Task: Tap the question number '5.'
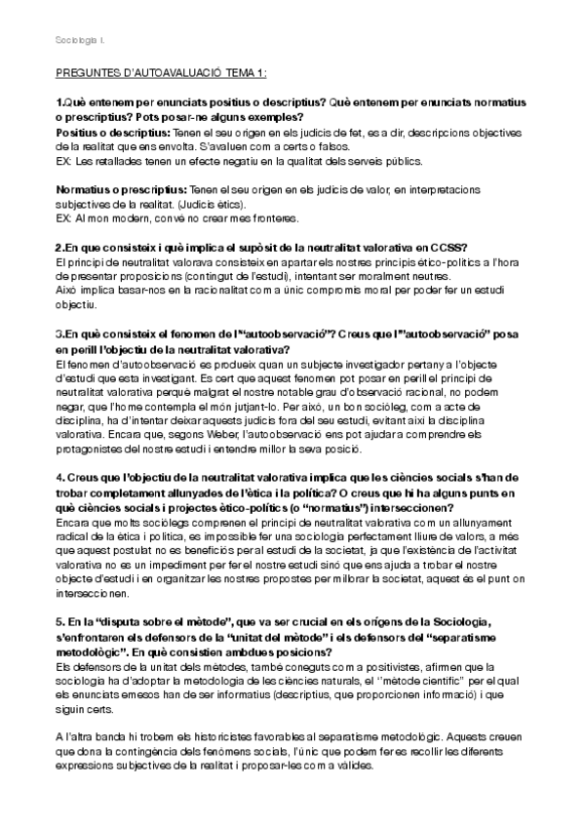tap(59, 621)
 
